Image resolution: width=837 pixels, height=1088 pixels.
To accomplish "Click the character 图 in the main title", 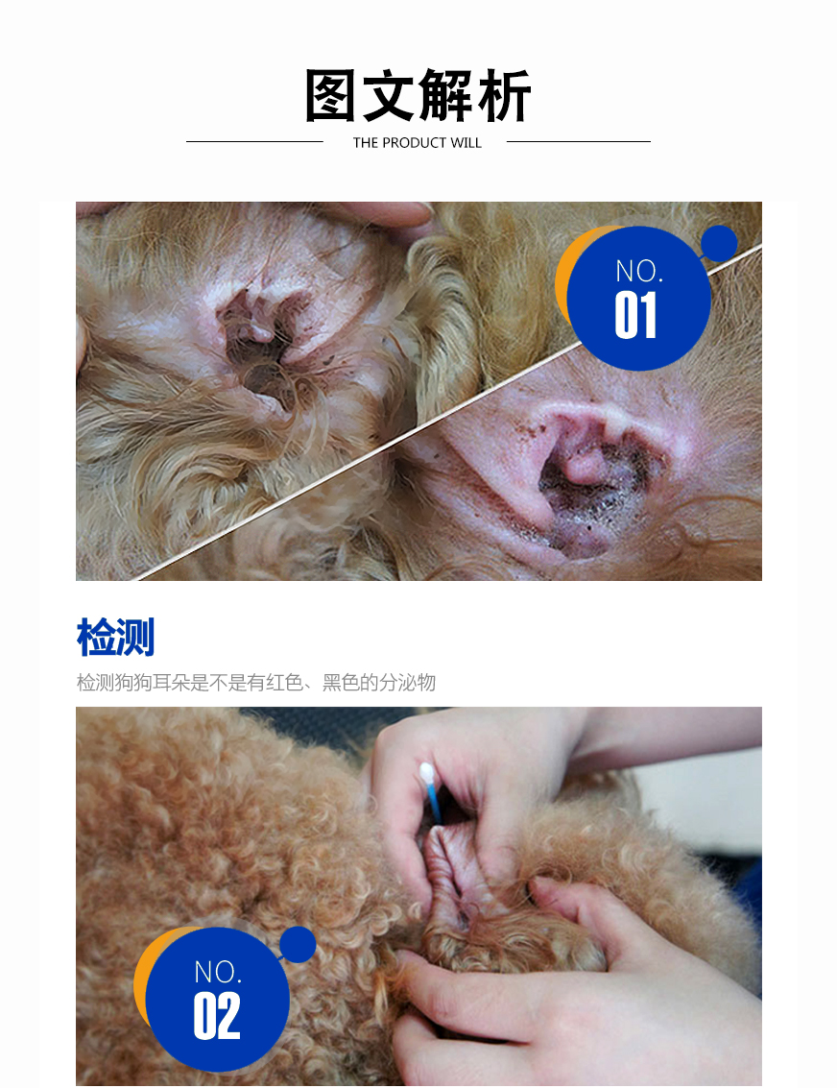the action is (331, 95).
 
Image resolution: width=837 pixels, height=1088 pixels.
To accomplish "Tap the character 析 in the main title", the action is (504, 95).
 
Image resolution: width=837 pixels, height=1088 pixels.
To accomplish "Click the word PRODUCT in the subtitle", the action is (414, 143).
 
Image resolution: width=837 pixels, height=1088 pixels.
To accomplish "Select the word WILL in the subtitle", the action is (466, 143).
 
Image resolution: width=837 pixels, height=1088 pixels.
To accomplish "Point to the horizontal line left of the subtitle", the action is (254, 141).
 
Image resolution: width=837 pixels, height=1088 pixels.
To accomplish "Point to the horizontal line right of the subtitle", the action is (579, 141).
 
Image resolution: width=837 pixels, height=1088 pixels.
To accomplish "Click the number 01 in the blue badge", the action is (635, 315).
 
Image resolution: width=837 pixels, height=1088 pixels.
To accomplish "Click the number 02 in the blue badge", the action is (217, 1016).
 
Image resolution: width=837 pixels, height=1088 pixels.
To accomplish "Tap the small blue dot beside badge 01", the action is (719, 244).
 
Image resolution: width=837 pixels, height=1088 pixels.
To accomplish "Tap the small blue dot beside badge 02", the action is (299, 944).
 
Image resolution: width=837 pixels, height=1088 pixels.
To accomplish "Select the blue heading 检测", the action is (116, 637).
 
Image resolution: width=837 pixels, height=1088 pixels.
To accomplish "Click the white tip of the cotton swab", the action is (426, 772).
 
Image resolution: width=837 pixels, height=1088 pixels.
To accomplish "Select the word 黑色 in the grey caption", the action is (341, 683).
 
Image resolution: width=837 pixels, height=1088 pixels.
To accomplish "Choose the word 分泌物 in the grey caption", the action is (407, 683).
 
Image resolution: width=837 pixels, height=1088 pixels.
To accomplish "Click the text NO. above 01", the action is (639, 272).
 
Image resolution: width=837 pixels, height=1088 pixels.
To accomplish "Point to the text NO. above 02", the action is (218, 972).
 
